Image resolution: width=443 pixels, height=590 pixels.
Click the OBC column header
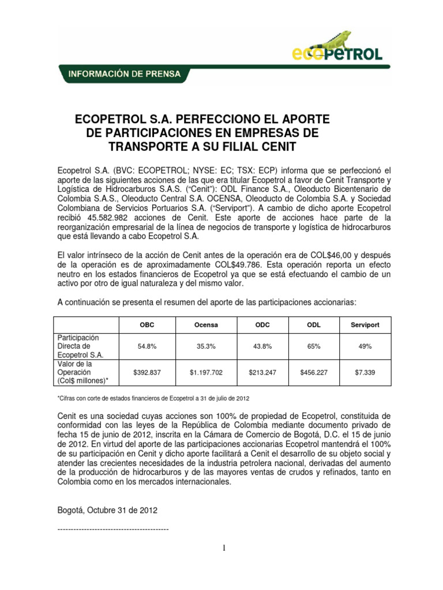(147, 325)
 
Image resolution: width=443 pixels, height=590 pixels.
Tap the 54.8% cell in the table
(147, 346)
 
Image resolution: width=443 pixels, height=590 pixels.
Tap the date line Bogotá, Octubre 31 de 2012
(107, 510)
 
